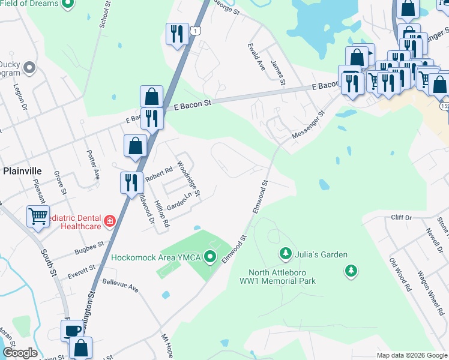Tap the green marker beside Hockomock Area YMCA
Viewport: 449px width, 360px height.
click(x=210, y=257)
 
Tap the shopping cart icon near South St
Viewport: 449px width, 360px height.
click(x=38, y=215)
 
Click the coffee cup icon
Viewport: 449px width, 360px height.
click(x=73, y=330)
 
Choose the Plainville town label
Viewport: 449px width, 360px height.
click(x=21, y=170)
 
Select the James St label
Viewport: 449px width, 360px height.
click(x=277, y=72)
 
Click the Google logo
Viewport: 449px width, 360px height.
click(x=20, y=353)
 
